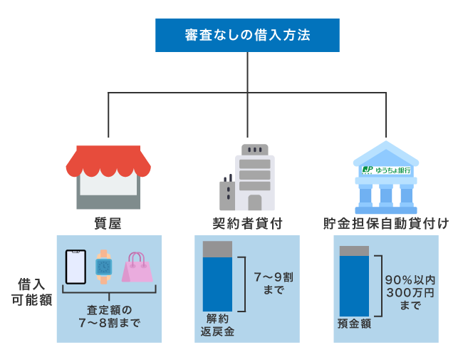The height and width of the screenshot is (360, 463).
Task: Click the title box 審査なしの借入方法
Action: (x=247, y=35)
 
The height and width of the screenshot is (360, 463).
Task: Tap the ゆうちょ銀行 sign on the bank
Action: (x=385, y=170)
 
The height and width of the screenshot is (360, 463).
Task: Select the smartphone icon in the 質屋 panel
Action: (x=76, y=267)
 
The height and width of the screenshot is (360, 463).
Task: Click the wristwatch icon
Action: (x=103, y=266)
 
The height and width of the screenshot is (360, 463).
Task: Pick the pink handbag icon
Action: (x=136, y=268)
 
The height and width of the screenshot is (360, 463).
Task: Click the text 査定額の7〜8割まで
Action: (x=109, y=316)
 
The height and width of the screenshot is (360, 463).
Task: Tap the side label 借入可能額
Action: (x=31, y=291)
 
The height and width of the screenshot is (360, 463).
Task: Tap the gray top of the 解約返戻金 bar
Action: (x=217, y=249)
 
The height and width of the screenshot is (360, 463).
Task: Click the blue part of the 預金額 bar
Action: (x=354, y=285)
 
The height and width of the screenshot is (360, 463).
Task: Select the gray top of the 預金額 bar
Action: (x=354, y=250)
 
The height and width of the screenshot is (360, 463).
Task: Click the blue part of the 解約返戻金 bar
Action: (x=217, y=284)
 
